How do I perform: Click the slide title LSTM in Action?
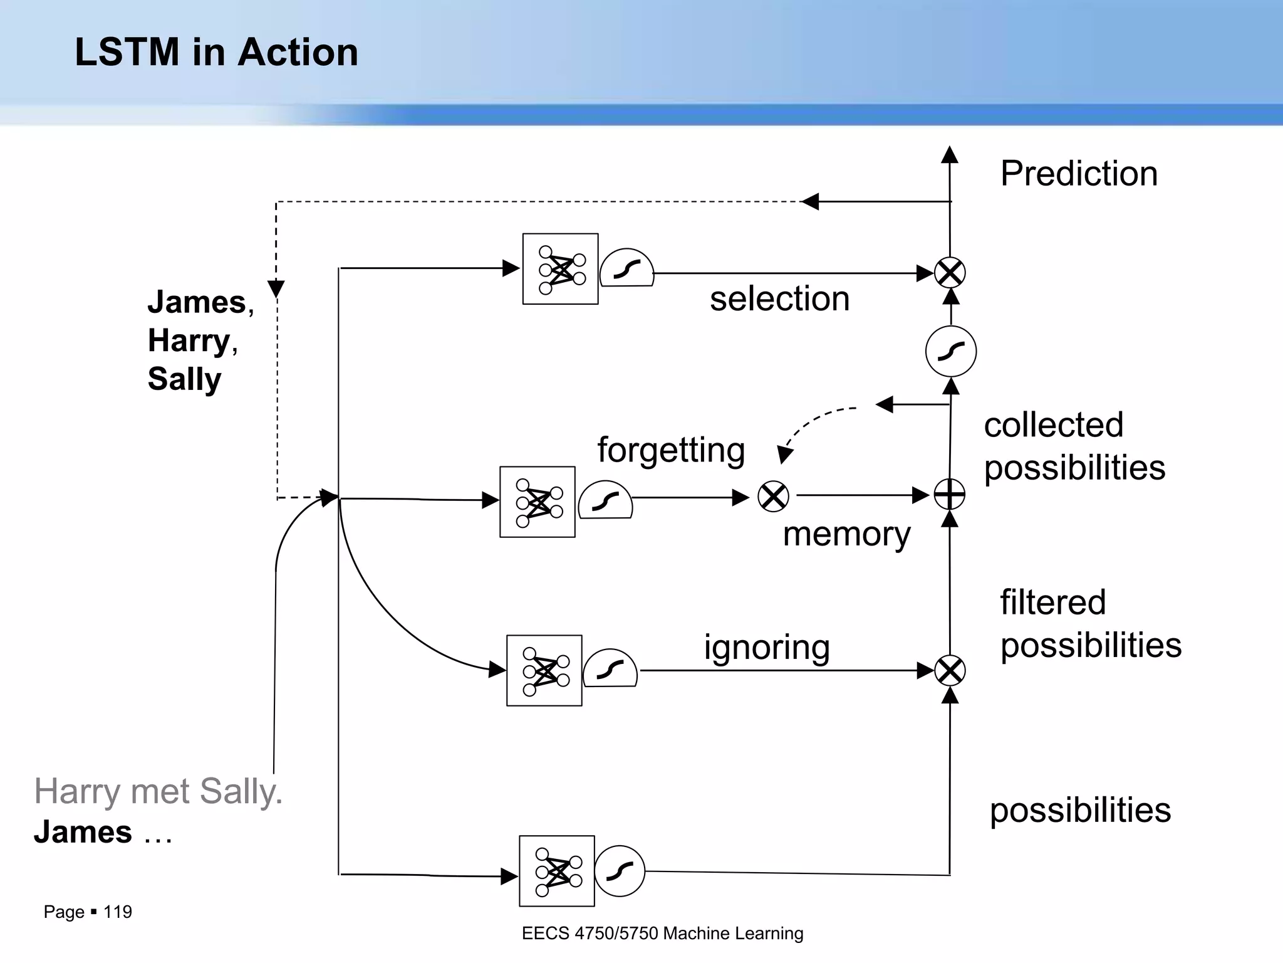tap(216, 52)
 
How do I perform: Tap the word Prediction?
tap(1078, 174)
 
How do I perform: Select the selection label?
tap(779, 298)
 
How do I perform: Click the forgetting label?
tap(671, 450)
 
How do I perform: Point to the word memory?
tap(846, 534)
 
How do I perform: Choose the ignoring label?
tap(767, 647)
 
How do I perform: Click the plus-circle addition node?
tap(950, 495)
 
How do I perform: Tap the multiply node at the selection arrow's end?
tap(950, 273)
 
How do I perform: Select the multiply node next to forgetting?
tap(773, 497)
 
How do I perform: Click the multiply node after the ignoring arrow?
tap(950, 671)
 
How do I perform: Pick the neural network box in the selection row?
tap(560, 269)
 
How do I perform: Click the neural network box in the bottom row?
tap(556, 871)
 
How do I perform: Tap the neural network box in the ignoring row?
tap(544, 671)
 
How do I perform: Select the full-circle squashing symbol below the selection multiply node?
tap(950, 351)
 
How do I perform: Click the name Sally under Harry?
tap(184, 379)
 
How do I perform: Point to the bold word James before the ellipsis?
tap(83, 833)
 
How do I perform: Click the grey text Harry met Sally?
tap(158, 792)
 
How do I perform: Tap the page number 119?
tap(117, 912)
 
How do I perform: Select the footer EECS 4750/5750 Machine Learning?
tap(662, 934)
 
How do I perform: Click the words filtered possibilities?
tap(1090, 624)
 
